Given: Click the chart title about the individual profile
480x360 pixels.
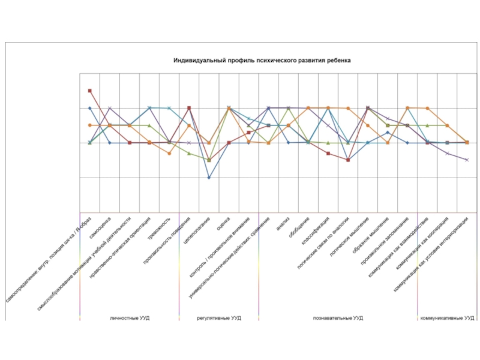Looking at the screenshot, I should [x=262, y=61].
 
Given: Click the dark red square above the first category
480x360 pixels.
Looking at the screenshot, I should [x=89, y=91].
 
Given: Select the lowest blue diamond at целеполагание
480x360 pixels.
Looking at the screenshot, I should [x=209, y=178].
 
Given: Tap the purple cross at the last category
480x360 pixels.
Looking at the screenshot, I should [x=467, y=160].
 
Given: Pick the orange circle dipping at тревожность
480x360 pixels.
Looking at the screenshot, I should [x=169, y=154].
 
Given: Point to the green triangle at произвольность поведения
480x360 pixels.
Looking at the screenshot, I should [x=189, y=153].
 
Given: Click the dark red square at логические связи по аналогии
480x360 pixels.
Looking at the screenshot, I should [x=348, y=160].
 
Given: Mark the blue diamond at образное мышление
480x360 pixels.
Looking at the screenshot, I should [x=388, y=132].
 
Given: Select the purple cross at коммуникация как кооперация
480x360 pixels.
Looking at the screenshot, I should [x=447, y=154].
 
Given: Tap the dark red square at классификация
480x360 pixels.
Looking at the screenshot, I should [x=328, y=154].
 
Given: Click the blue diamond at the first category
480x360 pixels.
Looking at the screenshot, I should [x=89, y=108].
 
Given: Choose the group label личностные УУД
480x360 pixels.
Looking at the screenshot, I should [x=130, y=317].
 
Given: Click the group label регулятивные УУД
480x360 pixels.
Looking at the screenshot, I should [x=219, y=317].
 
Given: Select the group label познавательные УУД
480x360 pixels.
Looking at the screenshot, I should [x=338, y=317].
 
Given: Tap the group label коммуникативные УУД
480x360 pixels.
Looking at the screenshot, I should [x=448, y=317].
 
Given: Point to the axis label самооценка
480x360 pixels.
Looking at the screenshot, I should [x=100, y=228].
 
